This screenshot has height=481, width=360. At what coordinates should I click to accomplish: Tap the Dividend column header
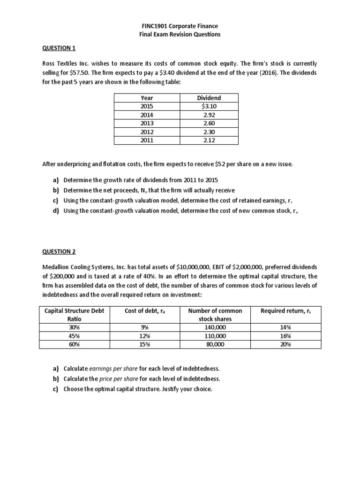pyautogui.click(x=209, y=98)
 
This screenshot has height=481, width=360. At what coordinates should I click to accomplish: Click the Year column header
pyautogui.click(x=147, y=98)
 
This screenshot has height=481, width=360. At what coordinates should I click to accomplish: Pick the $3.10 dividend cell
pyautogui.click(x=209, y=106)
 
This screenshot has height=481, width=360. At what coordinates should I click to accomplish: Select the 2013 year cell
pyautogui.click(x=147, y=123)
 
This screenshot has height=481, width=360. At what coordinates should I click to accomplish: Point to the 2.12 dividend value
pyautogui.click(x=209, y=140)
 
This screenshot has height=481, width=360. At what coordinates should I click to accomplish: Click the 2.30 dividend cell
pyautogui.click(x=209, y=132)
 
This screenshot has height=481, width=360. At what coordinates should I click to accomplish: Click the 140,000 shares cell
pyautogui.click(x=215, y=327)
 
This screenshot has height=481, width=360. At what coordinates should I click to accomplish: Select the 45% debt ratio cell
pyautogui.click(x=75, y=336)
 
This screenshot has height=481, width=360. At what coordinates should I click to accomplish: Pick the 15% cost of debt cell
pyautogui.click(x=144, y=344)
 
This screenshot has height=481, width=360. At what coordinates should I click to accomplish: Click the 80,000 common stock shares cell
pyautogui.click(x=215, y=344)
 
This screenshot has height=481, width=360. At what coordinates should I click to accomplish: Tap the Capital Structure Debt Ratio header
pyautogui.click(x=75, y=315)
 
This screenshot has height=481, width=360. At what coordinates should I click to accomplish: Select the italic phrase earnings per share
pyautogui.click(x=111, y=368)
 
